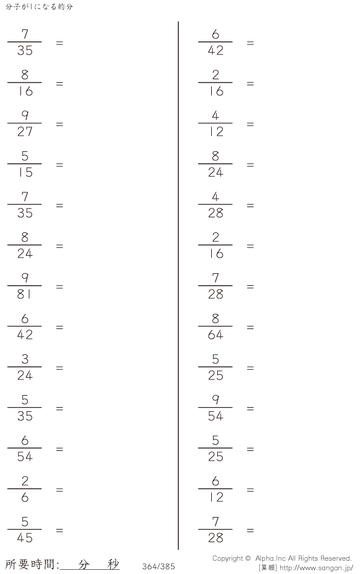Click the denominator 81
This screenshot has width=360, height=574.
[x=24, y=294]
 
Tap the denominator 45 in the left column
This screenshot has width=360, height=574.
[x=25, y=538]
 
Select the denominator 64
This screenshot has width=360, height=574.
[x=215, y=334]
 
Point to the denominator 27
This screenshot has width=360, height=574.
[x=25, y=131]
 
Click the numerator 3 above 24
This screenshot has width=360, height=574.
[x=25, y=359]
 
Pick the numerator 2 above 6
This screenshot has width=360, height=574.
[x=25, y=481]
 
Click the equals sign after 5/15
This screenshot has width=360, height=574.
[x=59, y=165]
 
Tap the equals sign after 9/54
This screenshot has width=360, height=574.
[x=250, y=409]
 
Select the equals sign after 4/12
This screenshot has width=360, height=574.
[x=250, y=124]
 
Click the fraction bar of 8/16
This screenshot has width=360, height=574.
[x=24, y=83]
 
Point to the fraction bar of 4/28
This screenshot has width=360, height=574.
[x=215, y=205]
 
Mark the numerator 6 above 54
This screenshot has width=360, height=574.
[x=25, y=440]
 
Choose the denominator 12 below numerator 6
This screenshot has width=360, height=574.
[x=216, y=497]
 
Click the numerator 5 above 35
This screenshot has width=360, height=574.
[x=25, y=400]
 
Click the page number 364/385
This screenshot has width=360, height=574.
[x=158, y=566]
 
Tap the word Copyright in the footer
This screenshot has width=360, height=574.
[x=227, y=558]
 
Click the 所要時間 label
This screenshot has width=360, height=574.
[x=31, y=564]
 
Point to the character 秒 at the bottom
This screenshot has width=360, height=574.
[x=113, y=564]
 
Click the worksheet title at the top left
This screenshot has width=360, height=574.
[x=39, y=7]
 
